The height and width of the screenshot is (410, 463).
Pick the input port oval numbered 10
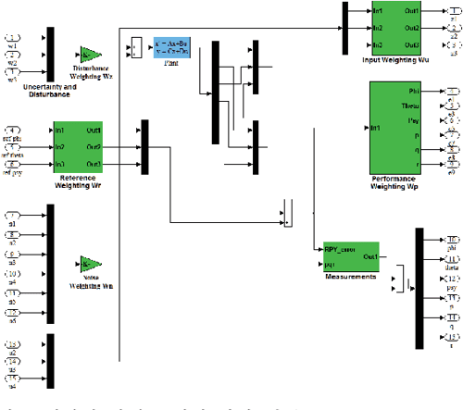pyautogui.click(x=14, y=275)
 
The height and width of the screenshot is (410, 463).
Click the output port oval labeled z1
pyautogui.click(x=452, y=12)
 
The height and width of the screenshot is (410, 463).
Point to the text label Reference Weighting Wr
pyautogui.click(x=78, y=181)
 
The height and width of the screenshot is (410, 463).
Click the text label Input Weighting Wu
pyautogui.click(x=396, y=59)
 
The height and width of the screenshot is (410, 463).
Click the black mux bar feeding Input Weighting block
pyautogui.click(x=344, y=28)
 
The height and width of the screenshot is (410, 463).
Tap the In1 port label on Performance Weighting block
pyautogui.click(x=376, y=127)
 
